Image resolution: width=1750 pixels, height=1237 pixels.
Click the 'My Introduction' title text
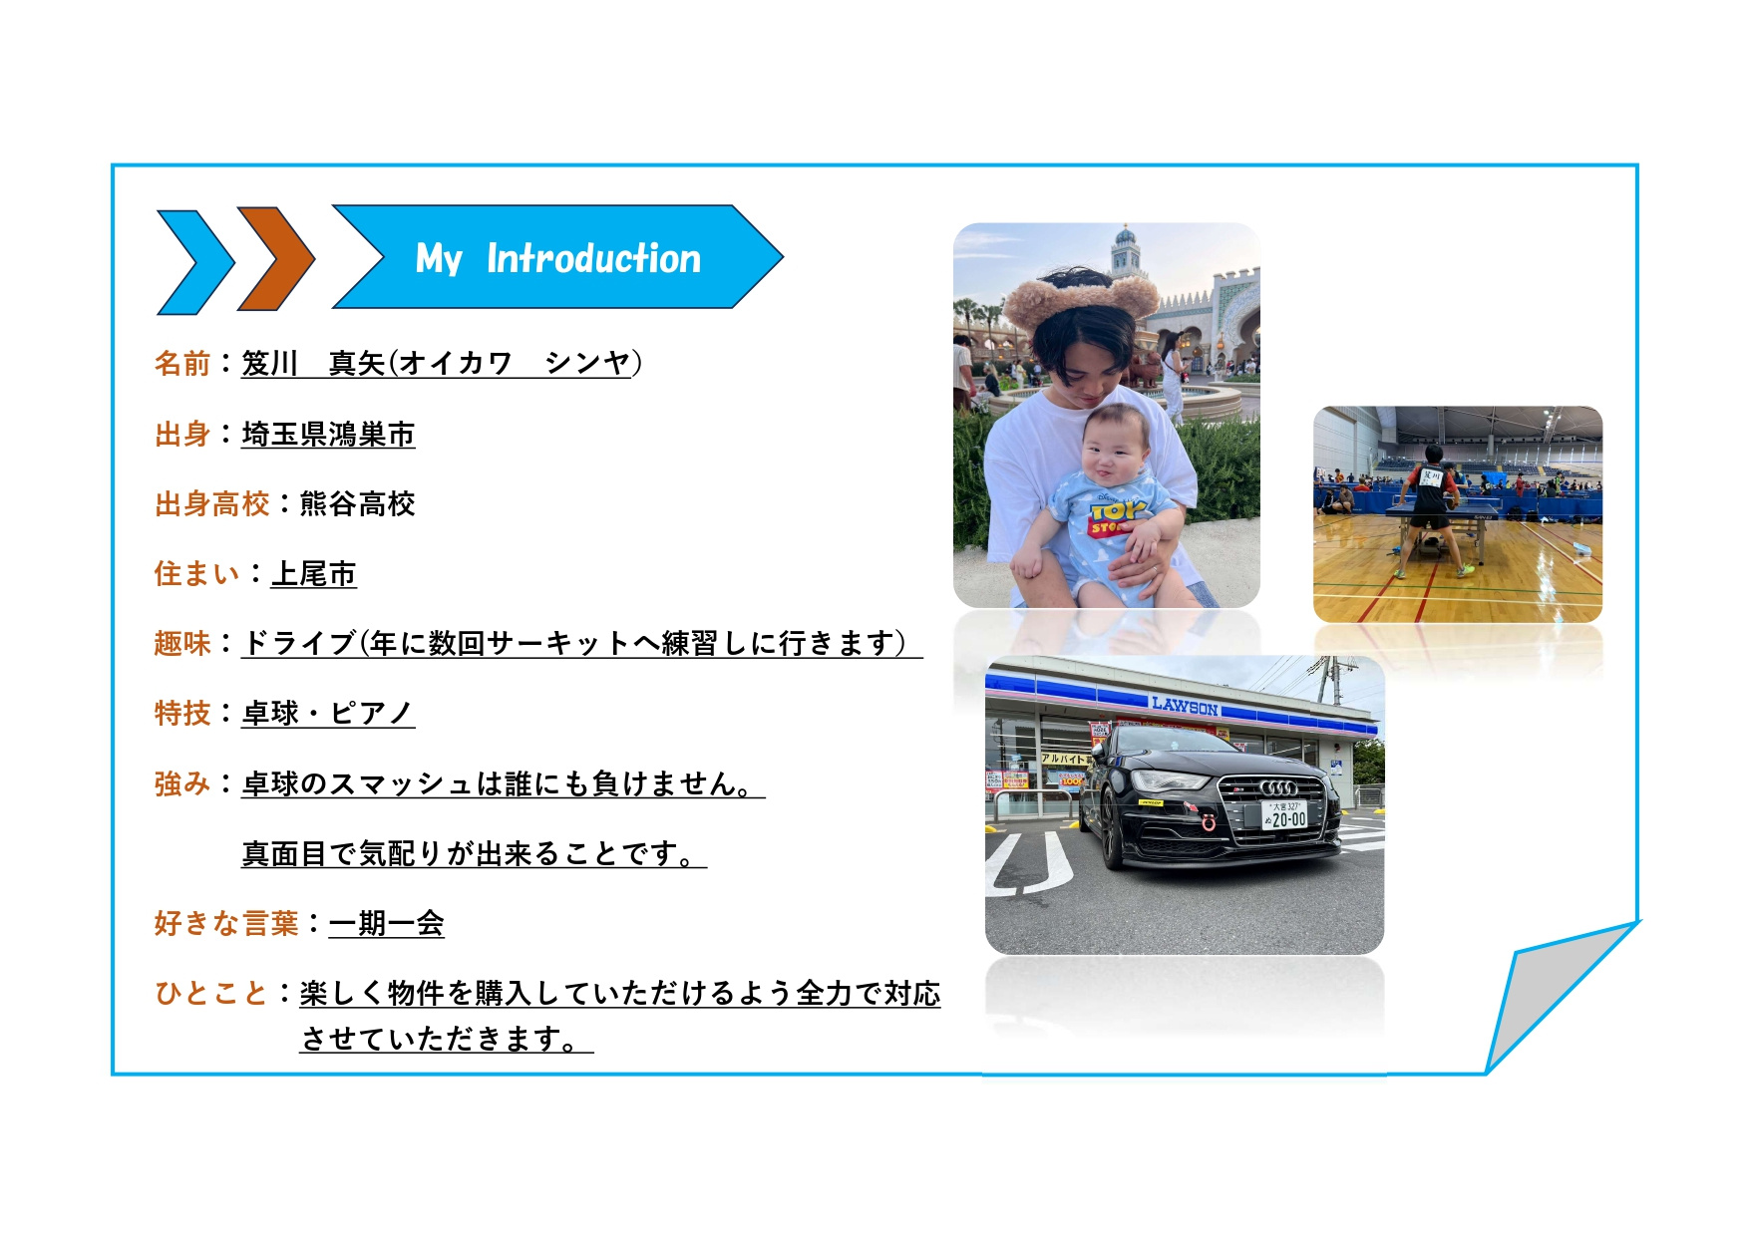(x=558, y=258)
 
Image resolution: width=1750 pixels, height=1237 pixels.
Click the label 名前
(x=182, y=363)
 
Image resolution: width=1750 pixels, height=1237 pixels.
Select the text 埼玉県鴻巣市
(x=328, y=435)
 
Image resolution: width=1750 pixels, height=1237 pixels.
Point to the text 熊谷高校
(x=357, y=504)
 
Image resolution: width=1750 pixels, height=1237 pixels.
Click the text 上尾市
(x=314, y=574)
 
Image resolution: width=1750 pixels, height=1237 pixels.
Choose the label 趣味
(x=182, y=644)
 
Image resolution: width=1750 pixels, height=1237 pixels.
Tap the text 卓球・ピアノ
(x=328, y=714)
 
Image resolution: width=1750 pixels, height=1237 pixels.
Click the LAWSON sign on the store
(x=1185, y=706)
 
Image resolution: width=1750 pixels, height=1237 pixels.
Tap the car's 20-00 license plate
(x=1284, y=814)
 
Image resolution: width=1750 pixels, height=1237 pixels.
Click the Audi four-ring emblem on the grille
(x=1278, y=787)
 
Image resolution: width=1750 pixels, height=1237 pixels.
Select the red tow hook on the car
(x=1209, y=821)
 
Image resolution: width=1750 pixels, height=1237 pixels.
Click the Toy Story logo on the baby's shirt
(x=1115, y=514)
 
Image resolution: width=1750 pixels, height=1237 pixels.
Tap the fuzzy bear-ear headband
(x=1080, y=294)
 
